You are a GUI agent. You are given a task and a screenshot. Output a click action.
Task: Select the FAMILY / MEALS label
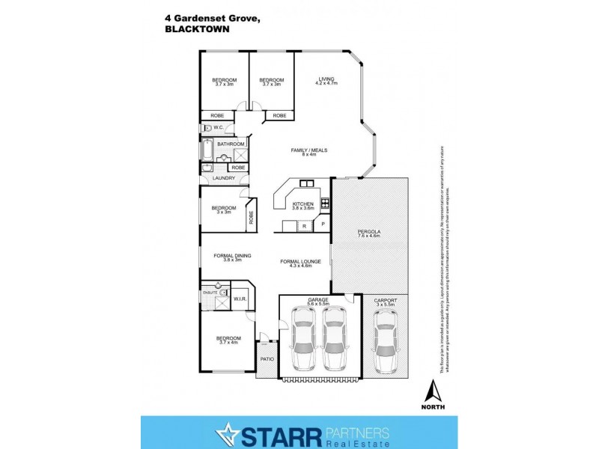coord(309,150)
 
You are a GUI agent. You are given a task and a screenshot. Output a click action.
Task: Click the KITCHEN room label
coord(303,204)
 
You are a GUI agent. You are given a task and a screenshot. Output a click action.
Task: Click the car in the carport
coord(386,340)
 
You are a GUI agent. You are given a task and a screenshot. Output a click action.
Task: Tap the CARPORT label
coord(386,301)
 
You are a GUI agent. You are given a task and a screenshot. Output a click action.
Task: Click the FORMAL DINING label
coord(232,256)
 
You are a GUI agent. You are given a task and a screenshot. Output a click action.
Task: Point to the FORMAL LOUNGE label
coord(300,261)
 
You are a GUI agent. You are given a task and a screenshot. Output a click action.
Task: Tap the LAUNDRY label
coord(224,178)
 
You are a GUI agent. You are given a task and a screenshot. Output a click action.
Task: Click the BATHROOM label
coord(231,143)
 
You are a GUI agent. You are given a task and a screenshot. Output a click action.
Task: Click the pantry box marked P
coord(323,224)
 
